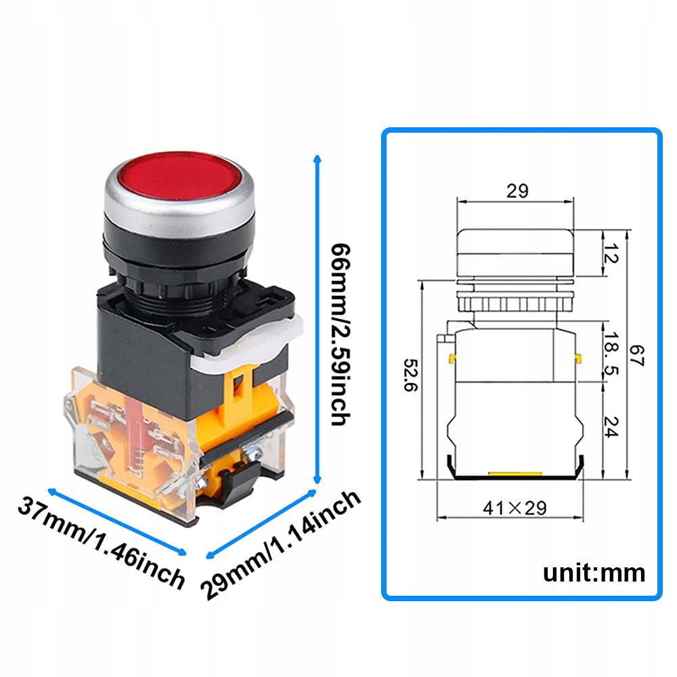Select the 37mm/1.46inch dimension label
point(102,542)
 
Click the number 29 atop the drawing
point(517,191)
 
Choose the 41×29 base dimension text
point(514,507)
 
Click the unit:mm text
point(594,573)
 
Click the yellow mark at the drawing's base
point(513,475)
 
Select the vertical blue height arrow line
point(315,318)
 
